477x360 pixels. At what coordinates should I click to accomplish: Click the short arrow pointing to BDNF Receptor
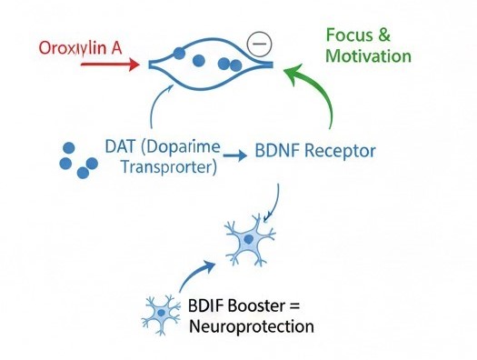(x=234, y=155)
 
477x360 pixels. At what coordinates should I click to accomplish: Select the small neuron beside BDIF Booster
(x=160, y=313)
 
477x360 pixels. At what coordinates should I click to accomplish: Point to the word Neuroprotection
(x=246, y=325)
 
